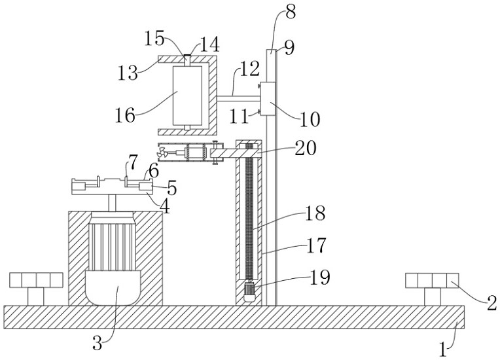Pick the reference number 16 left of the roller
[x=125, y=116]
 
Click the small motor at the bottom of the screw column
[x=249, y=291]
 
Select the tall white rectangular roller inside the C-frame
[x=187, y=95]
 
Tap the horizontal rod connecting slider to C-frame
[x=240, y=98]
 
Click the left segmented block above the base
[x=36, y=281]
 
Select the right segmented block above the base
[x=429, y=281]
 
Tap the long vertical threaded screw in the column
[x=249, y=216]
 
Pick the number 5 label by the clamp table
[x=171, y=188]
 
